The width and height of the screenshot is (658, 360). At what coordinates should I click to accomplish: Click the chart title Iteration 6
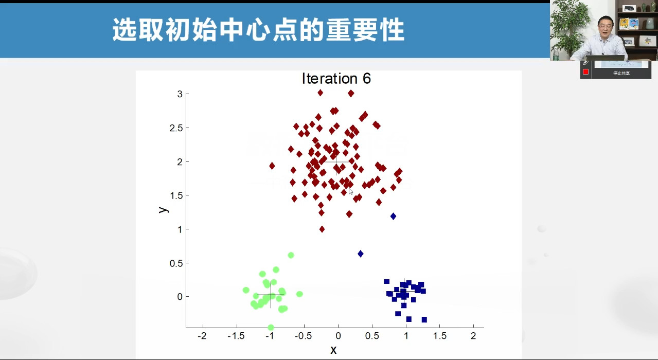(x=336, y=79)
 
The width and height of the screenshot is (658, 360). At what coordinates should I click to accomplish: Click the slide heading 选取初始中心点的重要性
(x=258, y=30)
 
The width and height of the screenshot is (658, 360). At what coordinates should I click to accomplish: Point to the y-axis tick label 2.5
(x=176, y=128)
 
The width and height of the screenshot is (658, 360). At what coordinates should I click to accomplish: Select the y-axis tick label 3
(x=180, y=94)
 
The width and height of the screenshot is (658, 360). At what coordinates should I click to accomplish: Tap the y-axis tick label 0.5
(x=176, y=263)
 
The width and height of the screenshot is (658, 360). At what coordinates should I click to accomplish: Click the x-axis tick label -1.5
(x=237, y=336)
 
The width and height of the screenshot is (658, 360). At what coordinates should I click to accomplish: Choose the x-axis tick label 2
(x=473, y=336)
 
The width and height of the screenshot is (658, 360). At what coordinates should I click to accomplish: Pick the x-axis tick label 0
(x=338, y=336)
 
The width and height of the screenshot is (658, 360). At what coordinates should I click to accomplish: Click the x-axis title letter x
(x=333, y=350)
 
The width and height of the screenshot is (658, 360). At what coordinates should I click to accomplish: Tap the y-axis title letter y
(x=163, y=209)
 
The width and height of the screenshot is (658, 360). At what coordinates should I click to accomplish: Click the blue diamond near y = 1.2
(x=393, y=217)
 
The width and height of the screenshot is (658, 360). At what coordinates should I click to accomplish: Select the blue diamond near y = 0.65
(x=361, y=254)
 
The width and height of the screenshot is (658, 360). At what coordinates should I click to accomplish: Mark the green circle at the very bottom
(x=271, y=327)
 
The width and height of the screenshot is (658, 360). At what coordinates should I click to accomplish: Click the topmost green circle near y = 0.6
(x=291, y=255)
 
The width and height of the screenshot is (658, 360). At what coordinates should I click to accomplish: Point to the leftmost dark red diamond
(x=272, y=166)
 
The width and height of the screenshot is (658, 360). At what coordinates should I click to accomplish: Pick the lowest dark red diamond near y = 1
(x=322, y=229)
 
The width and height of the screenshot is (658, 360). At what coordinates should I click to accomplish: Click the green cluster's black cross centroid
(x=271, y=295)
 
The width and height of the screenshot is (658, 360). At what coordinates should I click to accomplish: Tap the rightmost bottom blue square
(x=424, y=319)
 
